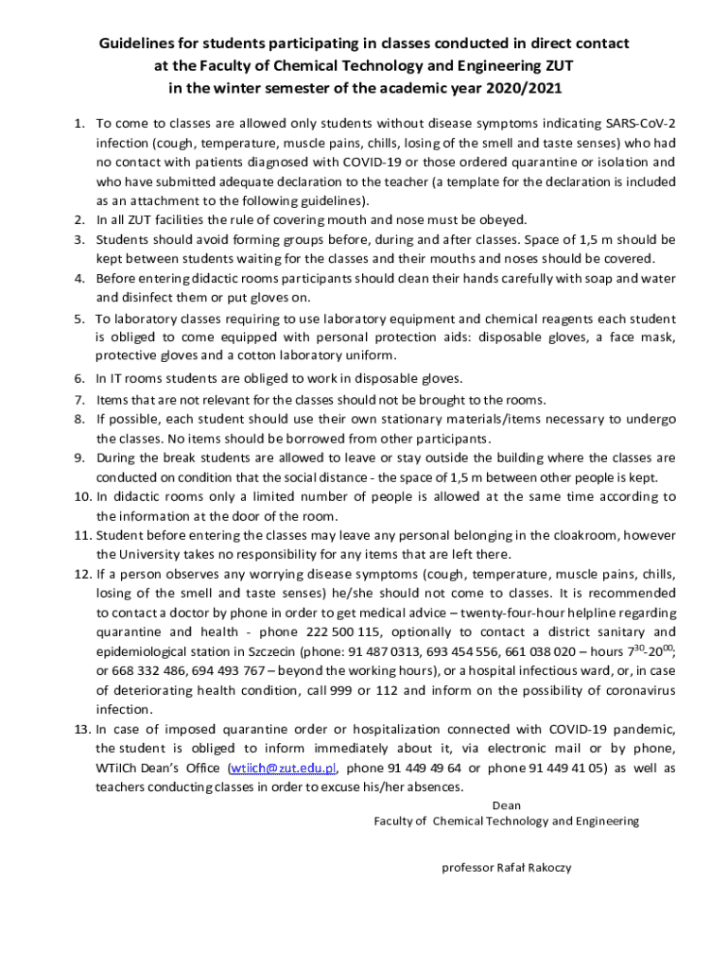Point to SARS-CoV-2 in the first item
640,123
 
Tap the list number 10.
80,496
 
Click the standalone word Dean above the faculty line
507,805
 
